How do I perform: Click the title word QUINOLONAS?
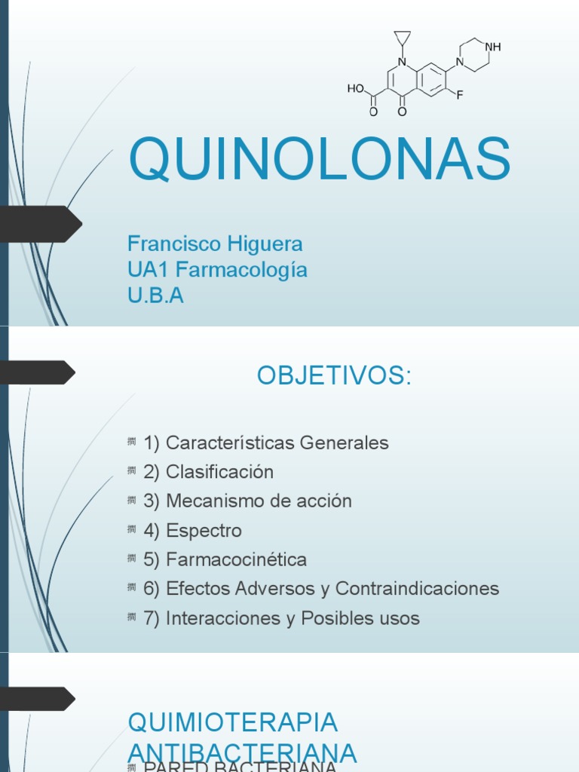320,158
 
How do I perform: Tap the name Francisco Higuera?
215,244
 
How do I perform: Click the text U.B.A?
155,296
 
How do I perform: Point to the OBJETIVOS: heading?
334,375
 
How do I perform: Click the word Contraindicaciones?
417,589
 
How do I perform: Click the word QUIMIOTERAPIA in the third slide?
233,721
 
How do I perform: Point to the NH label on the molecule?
493,47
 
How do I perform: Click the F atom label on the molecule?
458,94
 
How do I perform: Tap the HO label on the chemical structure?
355,88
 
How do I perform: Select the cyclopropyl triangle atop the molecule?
402,38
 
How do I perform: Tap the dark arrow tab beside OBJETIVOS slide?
38,372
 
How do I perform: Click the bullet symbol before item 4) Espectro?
132,529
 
